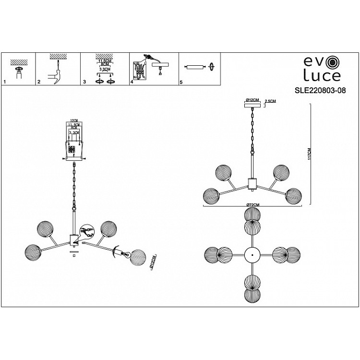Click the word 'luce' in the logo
pos(321,76)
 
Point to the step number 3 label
pos(84,83)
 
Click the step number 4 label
pos(131,83)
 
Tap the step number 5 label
pos(180,83)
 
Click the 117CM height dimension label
pos(310,154)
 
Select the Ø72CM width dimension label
pos(253,205)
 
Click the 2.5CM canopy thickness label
pos(270,101)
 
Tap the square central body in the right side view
pos(251,182)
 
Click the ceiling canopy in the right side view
pos(251,105)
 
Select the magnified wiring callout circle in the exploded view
pos(87,232)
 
